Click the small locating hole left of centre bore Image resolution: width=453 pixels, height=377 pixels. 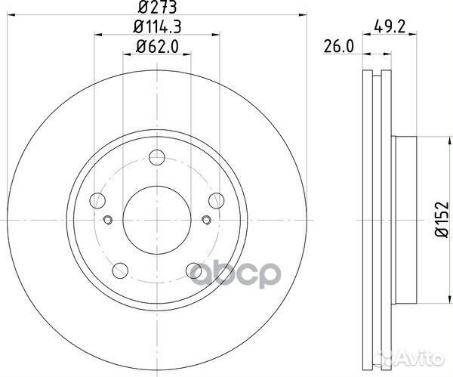point(107,221)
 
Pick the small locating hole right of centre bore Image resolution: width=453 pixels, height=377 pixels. point(205,221)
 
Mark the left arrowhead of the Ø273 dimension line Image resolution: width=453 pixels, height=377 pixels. point(15,18)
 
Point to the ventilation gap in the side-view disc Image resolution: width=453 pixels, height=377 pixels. point(375,219)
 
